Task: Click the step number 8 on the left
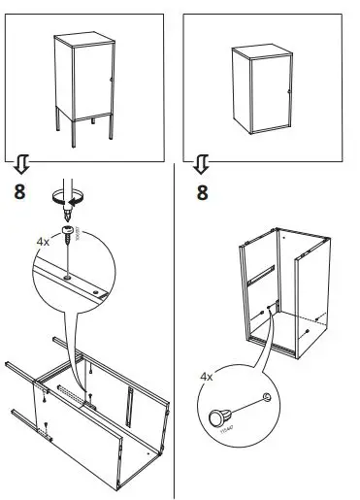coord(19,189)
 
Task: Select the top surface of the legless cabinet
coord(263,49)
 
